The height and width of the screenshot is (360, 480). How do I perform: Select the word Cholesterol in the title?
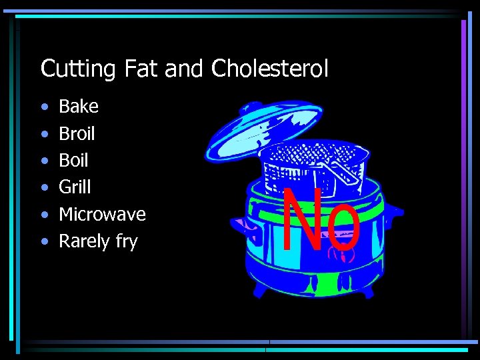270,68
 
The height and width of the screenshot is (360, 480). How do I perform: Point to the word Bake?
79,107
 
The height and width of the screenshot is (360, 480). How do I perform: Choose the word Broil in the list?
77,133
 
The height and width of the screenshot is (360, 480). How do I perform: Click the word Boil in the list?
73,160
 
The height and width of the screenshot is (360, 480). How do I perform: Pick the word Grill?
75,187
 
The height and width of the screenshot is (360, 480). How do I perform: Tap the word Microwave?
102,214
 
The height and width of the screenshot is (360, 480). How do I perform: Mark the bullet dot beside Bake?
44,107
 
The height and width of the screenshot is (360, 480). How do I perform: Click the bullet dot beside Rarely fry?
44,241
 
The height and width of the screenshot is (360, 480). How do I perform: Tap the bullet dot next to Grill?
44,187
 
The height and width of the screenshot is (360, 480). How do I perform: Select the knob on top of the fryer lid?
249,107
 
